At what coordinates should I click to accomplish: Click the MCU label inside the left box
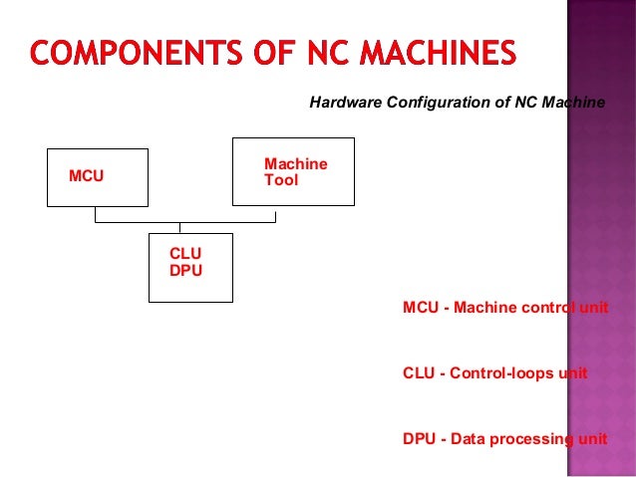86,177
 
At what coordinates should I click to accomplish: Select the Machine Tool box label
295,172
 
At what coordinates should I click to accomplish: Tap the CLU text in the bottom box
185,255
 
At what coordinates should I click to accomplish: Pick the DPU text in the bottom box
185,270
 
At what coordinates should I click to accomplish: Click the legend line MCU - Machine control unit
504,308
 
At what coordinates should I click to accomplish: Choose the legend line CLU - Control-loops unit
494,373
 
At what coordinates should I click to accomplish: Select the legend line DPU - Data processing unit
504,439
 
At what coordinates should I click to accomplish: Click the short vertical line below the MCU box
96,214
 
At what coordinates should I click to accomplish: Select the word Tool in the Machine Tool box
280,181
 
